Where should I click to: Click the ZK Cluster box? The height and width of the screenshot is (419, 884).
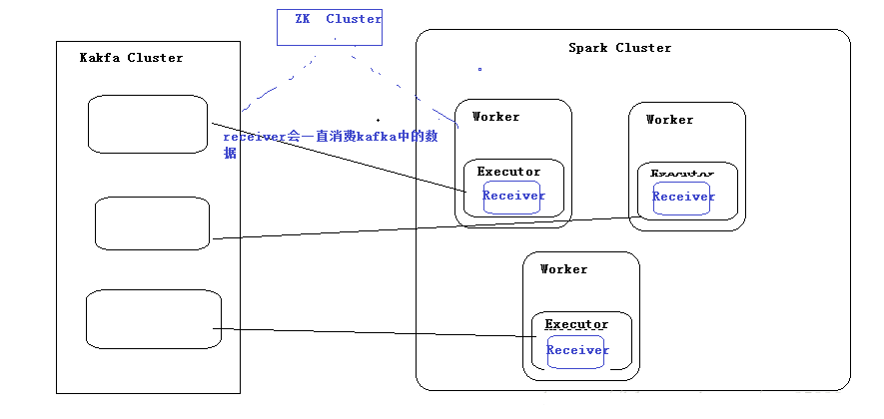330,27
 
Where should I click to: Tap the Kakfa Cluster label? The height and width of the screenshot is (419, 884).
131,58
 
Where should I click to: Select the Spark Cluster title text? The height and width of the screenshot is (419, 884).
619,48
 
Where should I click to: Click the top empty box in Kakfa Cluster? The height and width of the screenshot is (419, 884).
147,124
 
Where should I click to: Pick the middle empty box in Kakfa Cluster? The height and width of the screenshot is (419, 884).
152,223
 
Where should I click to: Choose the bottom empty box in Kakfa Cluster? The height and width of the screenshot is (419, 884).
153,318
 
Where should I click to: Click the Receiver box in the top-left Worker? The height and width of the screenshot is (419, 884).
513,196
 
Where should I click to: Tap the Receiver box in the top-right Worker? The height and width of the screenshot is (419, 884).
683,197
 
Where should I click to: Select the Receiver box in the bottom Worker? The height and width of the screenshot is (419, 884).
577,350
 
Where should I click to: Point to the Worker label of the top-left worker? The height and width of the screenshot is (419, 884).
495,117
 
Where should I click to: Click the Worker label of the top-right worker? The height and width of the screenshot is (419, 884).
669,120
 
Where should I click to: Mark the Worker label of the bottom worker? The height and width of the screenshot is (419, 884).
563,269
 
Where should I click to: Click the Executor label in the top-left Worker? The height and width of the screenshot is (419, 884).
508,172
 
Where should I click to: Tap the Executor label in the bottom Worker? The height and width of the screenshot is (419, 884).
575,325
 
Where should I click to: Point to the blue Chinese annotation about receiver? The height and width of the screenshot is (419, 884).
330,139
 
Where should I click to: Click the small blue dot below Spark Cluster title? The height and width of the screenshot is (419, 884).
479,70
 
